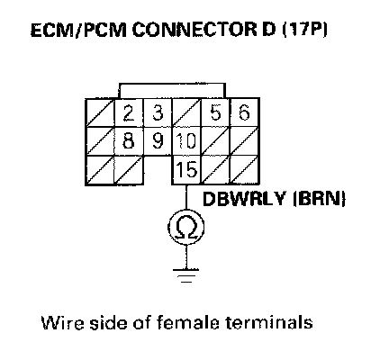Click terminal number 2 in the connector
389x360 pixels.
coord(129,113)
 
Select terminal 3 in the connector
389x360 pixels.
coord(158,112)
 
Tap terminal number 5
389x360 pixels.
coord(216,112)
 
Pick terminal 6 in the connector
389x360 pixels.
coord(244,112)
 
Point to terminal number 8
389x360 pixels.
coord(129,141)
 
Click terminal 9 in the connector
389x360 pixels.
coord(158,141)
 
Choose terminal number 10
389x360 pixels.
coord(186,141)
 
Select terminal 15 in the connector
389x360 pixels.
coord(186,169)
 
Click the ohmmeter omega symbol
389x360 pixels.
coord(186,227)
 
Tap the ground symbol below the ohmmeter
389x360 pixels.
coord(186,275)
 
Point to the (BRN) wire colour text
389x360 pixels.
coord(320,198)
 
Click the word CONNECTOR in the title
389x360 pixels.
coord(194,30)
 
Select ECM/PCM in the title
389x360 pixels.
coord(79,30)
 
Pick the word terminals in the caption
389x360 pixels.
coord(269,323)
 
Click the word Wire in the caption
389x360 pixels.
coord(63,323)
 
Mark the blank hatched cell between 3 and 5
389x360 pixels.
coord(186,112)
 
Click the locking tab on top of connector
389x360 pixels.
coord(172,91)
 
